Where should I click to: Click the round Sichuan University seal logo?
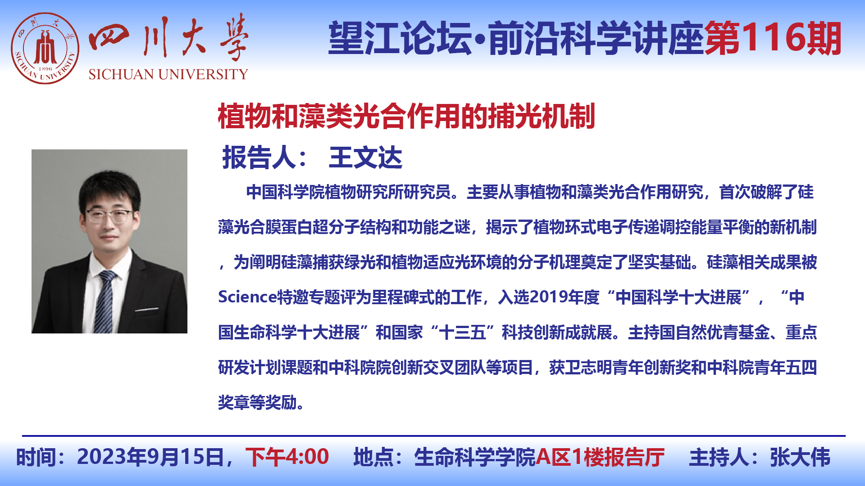(45, 48)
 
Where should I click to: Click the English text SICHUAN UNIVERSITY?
(168, 74)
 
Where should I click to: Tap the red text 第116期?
(773, 39)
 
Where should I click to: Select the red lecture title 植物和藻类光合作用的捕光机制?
(406, 116)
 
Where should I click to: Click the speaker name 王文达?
(365, 158)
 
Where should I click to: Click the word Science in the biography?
(247, 297)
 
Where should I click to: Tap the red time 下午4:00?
(287, 457)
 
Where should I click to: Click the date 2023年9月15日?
(150, 457)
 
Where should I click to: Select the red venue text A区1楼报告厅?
(600, 457)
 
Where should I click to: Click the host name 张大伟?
(800, 457)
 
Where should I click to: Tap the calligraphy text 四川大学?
(168, 38)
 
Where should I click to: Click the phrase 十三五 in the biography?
(463, 332)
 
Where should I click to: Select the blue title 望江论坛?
(400, 39)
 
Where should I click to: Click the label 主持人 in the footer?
(719, 457)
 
